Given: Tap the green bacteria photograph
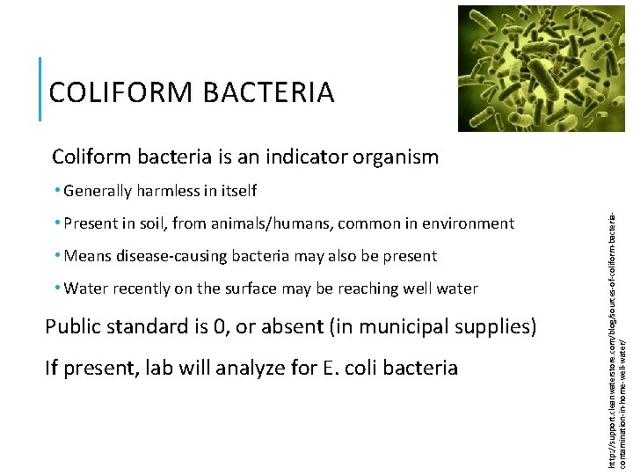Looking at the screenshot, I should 540,68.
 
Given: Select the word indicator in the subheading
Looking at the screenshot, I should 297,157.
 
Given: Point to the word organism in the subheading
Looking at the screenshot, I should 397,157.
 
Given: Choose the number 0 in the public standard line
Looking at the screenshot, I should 229,327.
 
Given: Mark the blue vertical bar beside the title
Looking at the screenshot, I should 41,89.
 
